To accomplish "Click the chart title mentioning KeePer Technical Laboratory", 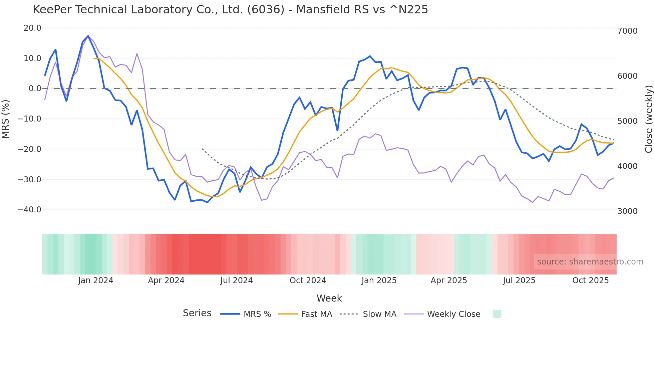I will (230, 10).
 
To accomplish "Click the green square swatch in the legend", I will (497, 314).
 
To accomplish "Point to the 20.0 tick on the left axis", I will (32, 28).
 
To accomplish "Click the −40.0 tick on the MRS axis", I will (29, 210).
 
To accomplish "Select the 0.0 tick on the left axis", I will (35, 88).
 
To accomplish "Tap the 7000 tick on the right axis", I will (627, 31).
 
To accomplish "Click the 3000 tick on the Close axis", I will (627, 211).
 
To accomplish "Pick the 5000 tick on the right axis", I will (627, 121).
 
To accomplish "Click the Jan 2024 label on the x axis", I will (96, 281).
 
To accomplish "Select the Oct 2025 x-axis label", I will (590, 281).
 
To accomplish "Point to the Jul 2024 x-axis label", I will (236, 281).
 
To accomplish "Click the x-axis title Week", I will (329, 298).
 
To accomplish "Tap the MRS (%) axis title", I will (6, 119).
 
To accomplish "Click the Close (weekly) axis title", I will (648, 119).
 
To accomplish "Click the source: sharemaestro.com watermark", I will (590, 262).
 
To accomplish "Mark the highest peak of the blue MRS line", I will (88, 36).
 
